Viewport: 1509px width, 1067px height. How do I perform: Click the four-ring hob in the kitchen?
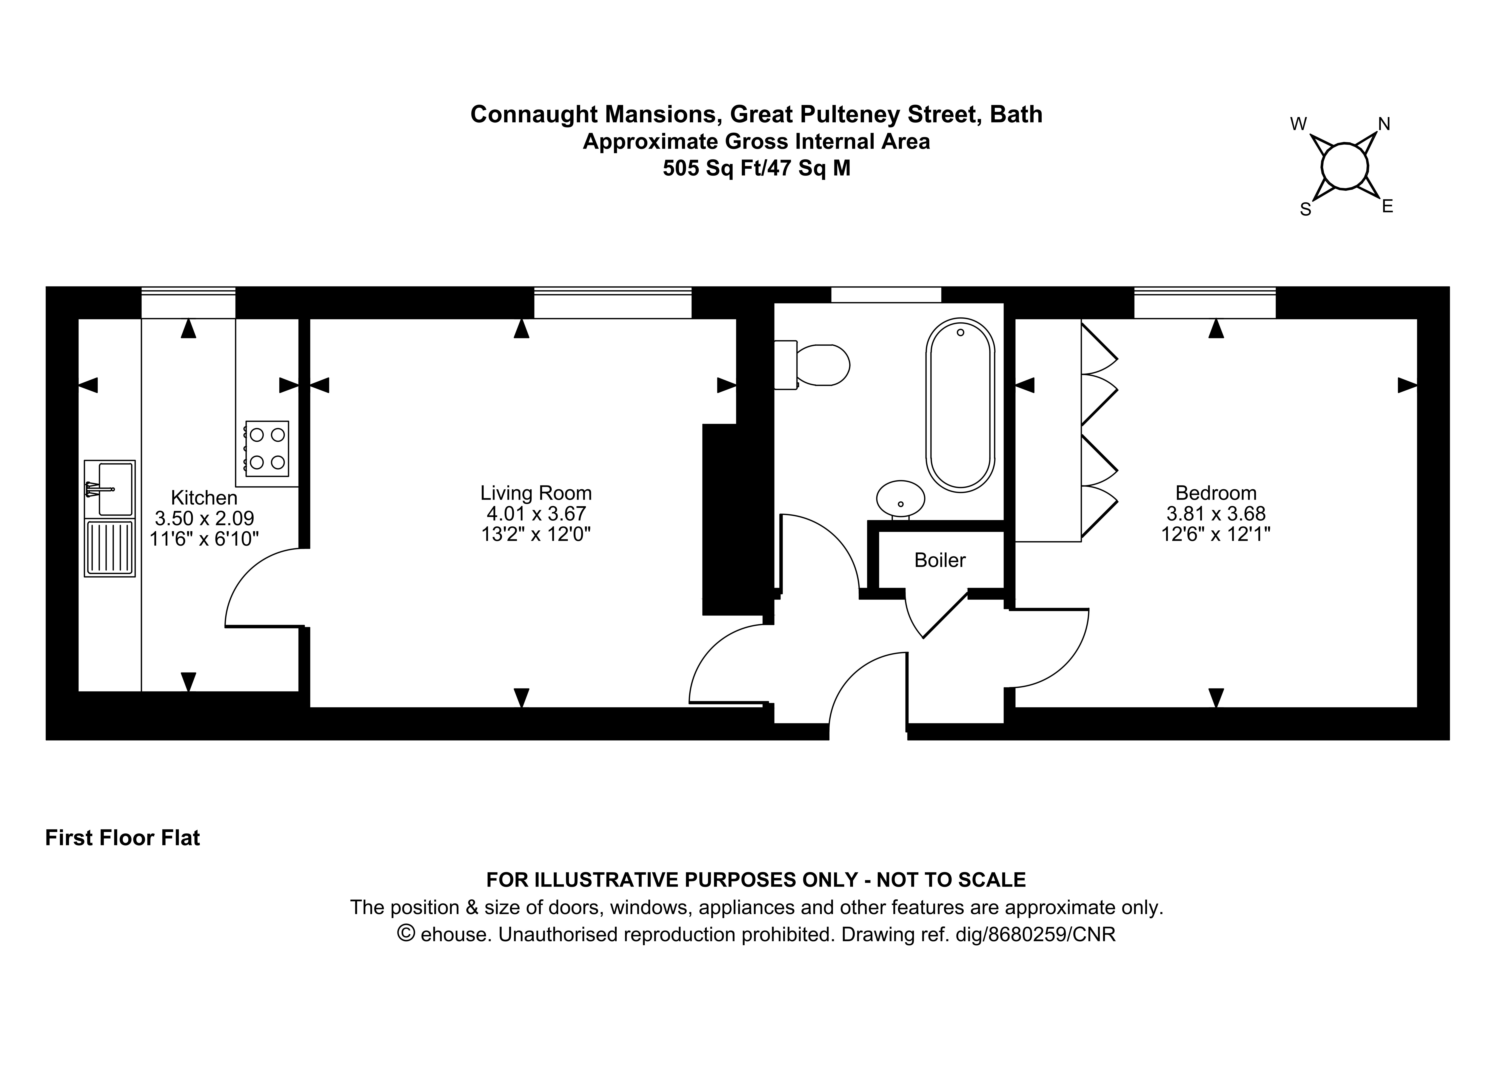(267, 448)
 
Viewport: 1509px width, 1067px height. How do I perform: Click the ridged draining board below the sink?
(110, 548)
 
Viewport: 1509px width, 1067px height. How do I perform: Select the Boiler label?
(940, 560)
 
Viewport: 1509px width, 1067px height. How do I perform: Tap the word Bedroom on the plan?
(1216, 493)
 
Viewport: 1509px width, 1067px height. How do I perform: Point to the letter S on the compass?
(1306, 210)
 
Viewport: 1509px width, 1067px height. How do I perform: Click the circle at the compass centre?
(1345, 167)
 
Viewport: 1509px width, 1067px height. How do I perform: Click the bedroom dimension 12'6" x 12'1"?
(1216, 534)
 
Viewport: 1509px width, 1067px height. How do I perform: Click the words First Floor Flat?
(122, 838)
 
